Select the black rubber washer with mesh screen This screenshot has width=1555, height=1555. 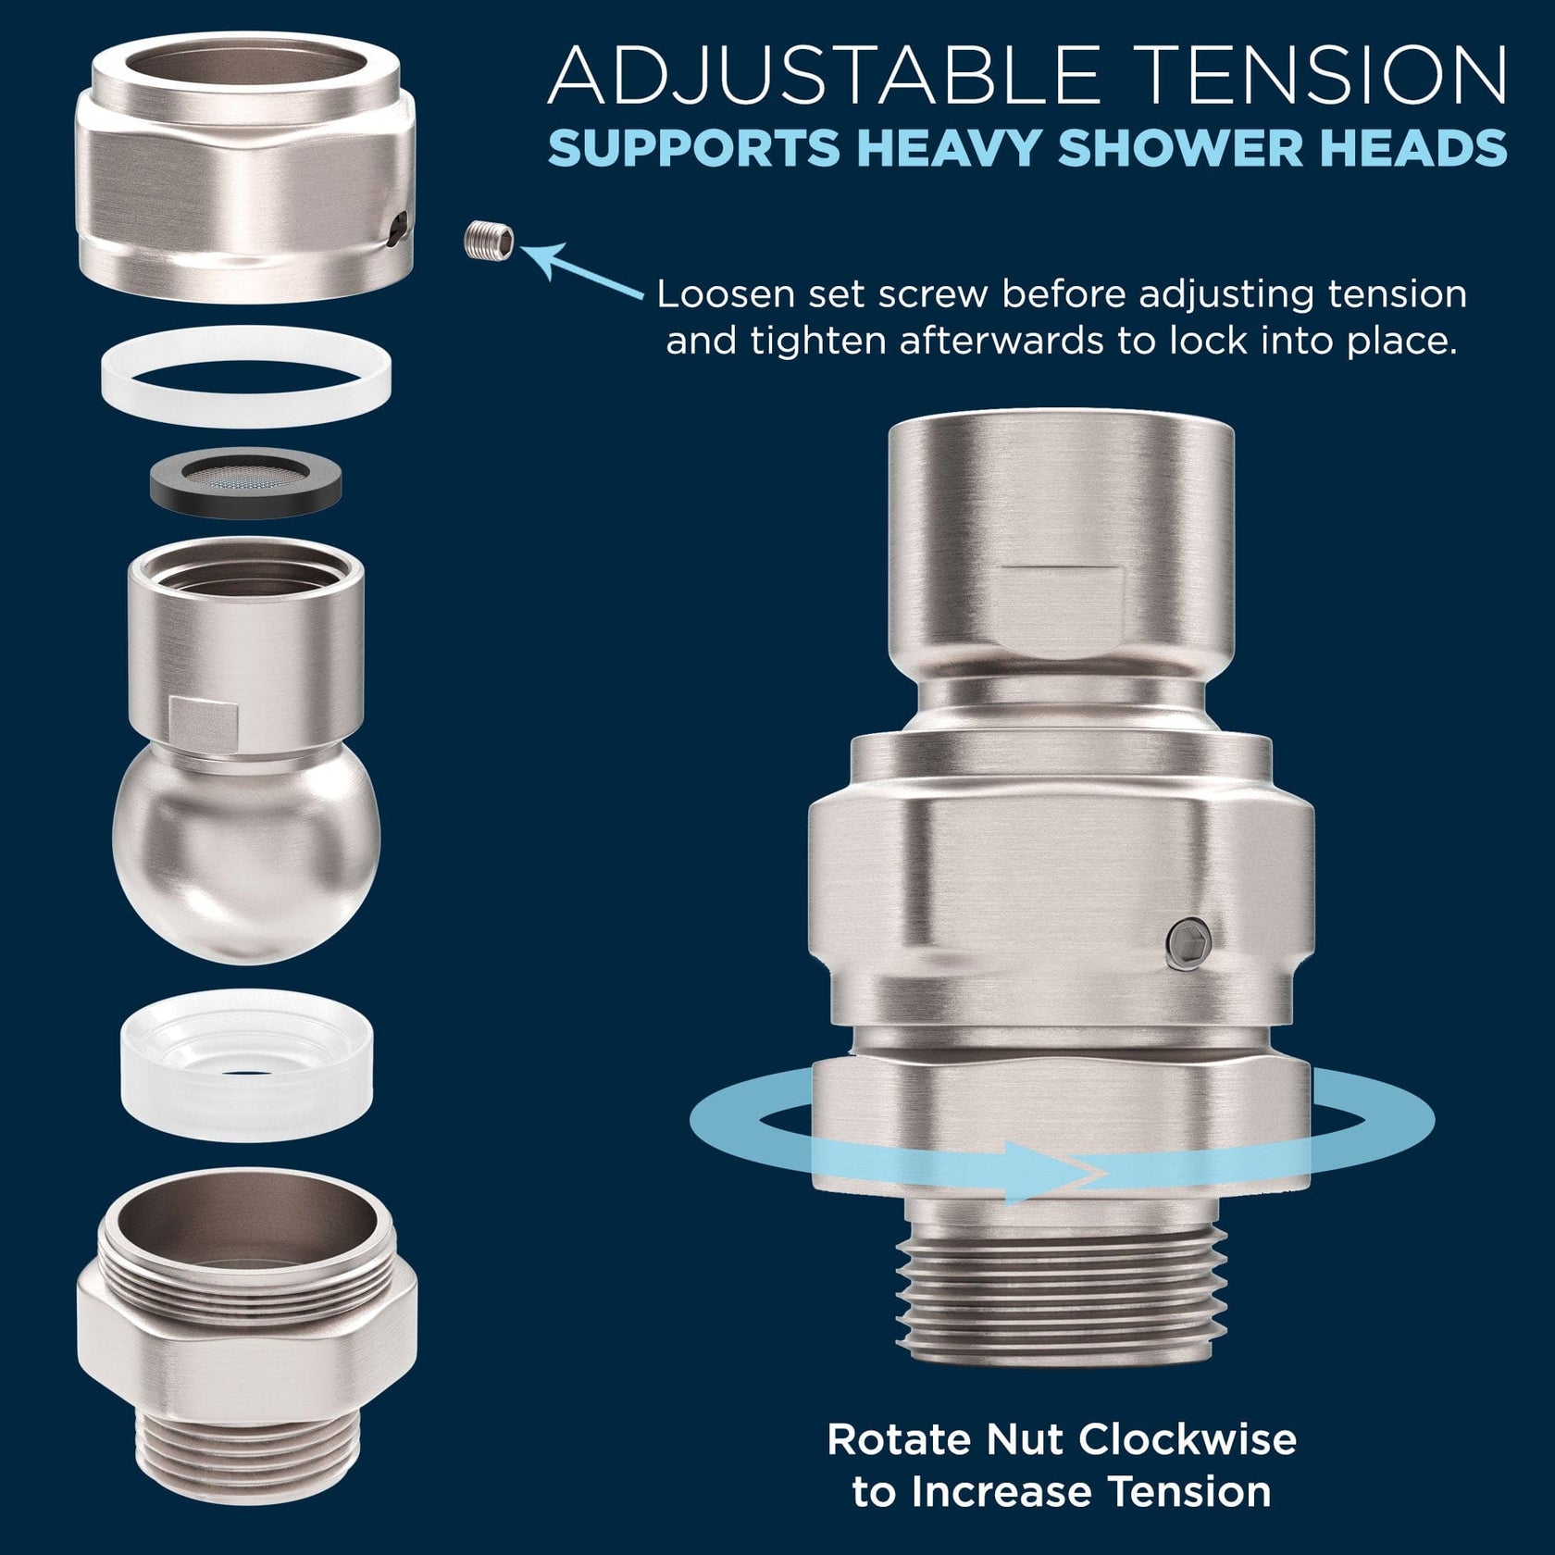[245, 482]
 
